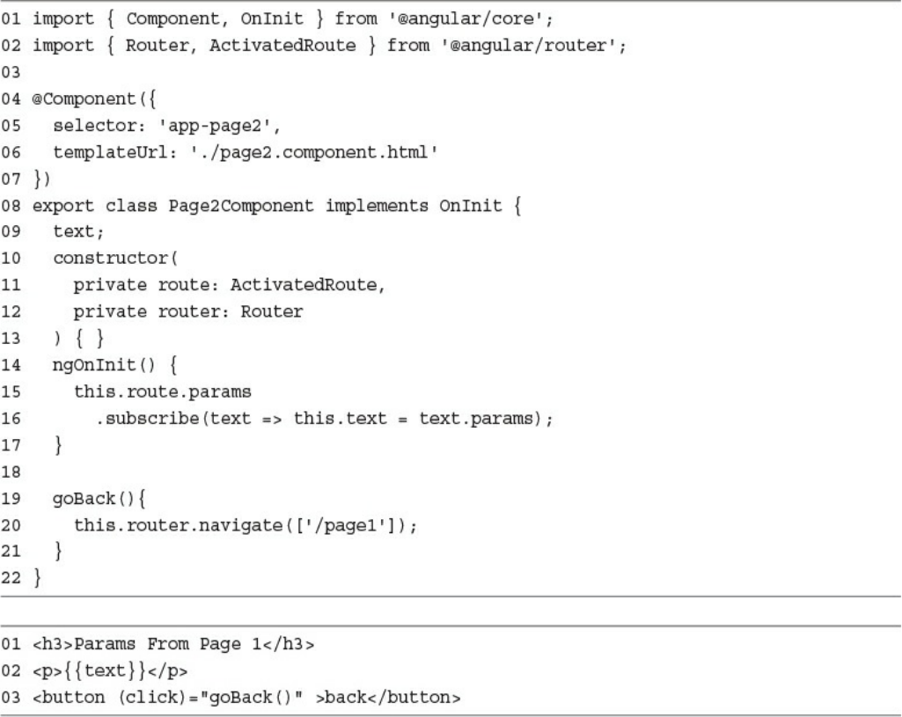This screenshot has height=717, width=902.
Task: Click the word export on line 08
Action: click(x=55, y=208)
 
